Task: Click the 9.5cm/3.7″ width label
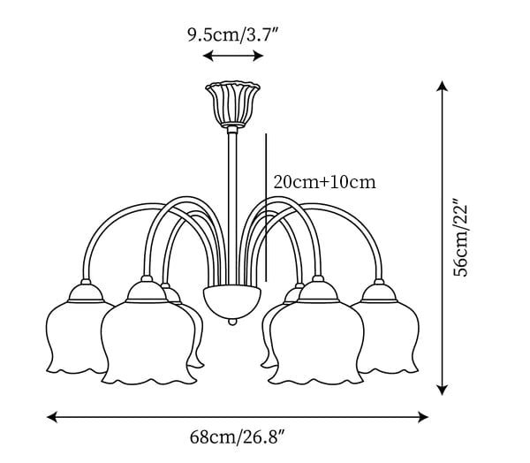[x=233, y=34]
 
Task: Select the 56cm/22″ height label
[x=461, y=238]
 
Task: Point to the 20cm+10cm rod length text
[x=324, y=182]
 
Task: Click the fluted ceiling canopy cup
[x=233, y=104]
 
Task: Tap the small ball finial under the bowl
[x=232, y=322]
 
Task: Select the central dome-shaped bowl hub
[x=232, y=301]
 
